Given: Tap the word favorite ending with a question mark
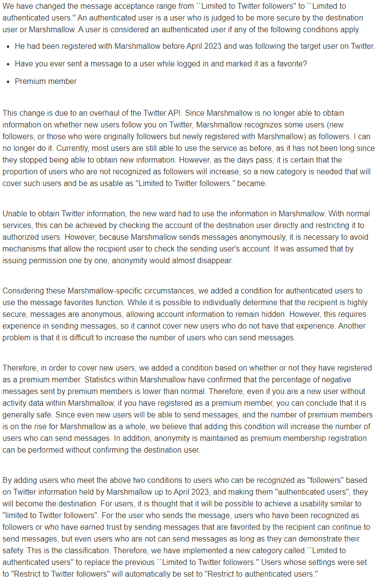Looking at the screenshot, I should pos(292,64).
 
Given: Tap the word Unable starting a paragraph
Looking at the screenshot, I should pos(15,213).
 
